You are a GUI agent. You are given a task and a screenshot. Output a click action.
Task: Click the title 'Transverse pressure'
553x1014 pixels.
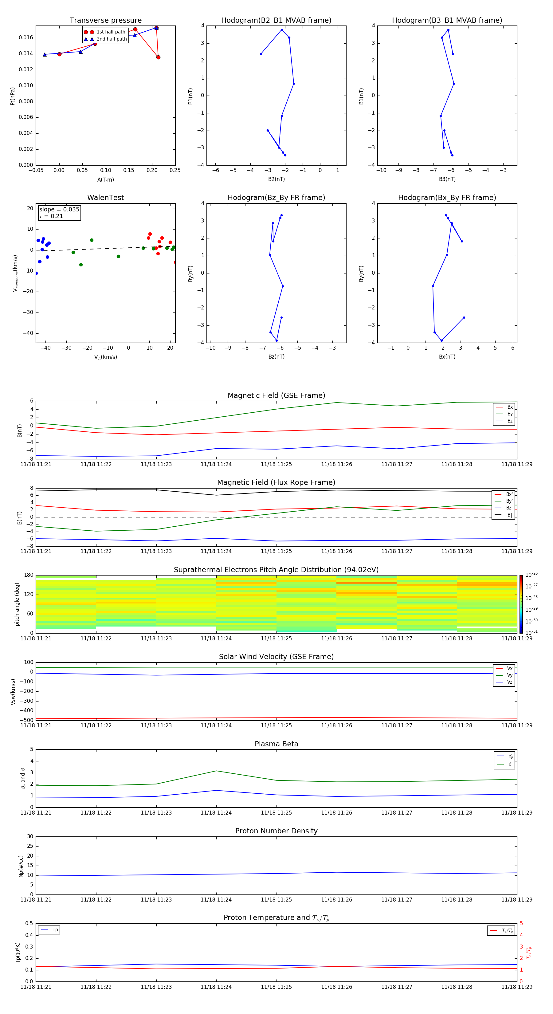pyautogui.click(x=105, y=21)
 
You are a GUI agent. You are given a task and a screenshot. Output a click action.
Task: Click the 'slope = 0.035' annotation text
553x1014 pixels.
pyautogui.click(x=59, y=210)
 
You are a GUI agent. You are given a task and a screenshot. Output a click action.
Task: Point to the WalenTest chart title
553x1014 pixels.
pyautogui.click(x=105, y=198)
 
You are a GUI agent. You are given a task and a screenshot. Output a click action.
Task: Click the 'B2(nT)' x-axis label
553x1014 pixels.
pyautogui.click(x=276, y=179)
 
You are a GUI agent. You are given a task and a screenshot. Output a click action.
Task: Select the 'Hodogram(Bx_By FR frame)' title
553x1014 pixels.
pyautogui.click(x=447, y=198)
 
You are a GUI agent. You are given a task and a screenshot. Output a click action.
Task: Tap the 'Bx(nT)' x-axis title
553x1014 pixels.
pyautogui.click(x=447, y=357)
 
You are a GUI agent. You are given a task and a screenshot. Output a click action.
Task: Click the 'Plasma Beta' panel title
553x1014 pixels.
pyautogui.click(x=276, y=744)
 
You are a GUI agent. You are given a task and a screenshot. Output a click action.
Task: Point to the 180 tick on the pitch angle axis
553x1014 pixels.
pyautogui.click(x=29, y=575)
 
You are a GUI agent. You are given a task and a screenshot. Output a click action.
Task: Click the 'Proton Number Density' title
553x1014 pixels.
pyautogui.click(x=276, y=831)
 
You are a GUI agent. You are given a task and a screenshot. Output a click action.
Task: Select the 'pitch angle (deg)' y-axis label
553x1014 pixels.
pyautogui.click(x=17, y=604)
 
